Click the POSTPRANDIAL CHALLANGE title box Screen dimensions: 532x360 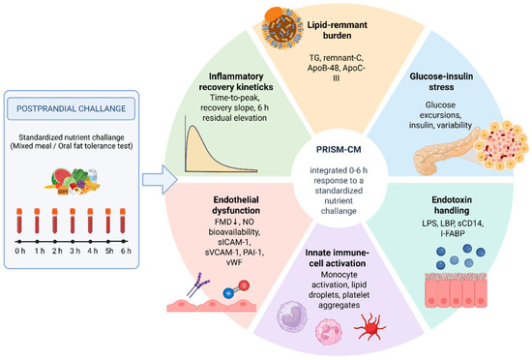pos(72,108)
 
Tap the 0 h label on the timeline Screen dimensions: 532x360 pos(20,251)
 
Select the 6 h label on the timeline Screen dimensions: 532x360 pos(126,251)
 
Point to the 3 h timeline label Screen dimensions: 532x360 pos(74,251)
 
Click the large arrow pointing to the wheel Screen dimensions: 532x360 pos(160,180)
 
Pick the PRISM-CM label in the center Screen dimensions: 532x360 pos(339,150)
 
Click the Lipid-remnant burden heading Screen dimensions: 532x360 pos(337,30)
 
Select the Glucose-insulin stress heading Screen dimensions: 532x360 pos(441,81)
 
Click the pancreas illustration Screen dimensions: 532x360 pos(445,151)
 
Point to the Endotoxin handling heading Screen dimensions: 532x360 pos(452,205)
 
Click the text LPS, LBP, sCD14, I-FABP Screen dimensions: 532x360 pos(453,228)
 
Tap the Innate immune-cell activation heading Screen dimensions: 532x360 pos(337,257)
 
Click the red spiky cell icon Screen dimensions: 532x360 pos(369,326)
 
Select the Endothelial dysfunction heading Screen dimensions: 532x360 pos(236,205)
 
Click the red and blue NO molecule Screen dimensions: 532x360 pos(236,289)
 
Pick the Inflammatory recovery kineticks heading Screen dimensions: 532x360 pos(236,81)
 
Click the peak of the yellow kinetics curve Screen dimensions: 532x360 pos(192,126)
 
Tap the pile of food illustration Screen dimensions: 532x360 pos(73,182)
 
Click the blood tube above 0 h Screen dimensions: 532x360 pos(19,221)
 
